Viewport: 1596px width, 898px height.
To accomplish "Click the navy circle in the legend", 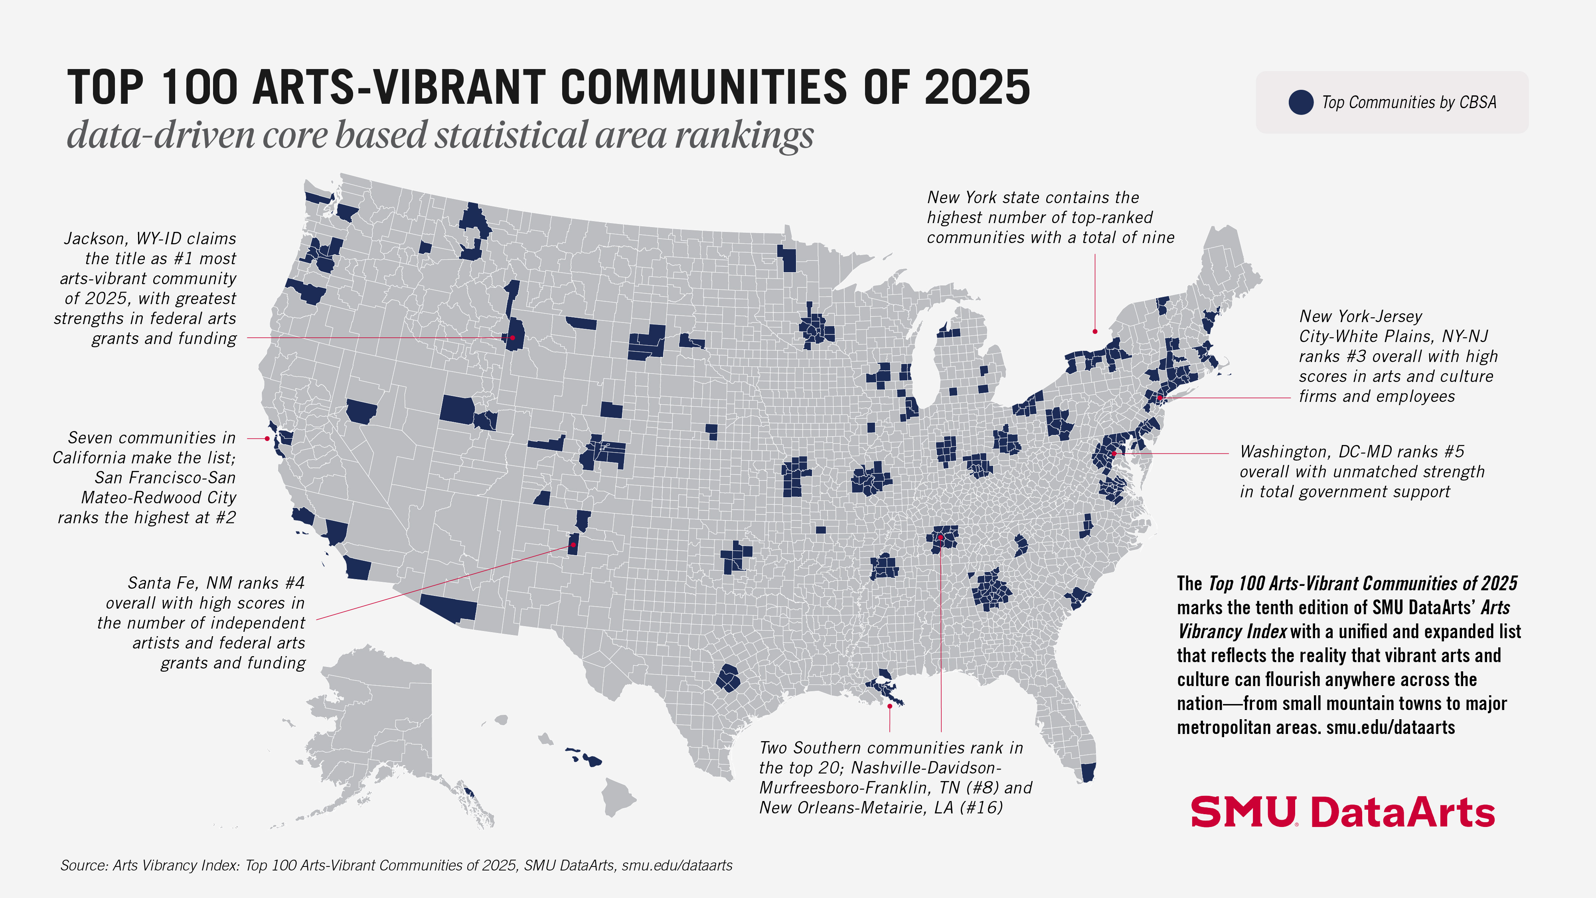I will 1300,102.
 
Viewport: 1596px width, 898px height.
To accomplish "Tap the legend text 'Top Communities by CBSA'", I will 1409,102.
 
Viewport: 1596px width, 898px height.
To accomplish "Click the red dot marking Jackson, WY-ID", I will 512,338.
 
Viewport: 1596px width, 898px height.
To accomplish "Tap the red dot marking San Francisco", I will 267,438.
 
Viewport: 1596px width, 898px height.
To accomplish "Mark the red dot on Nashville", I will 940,537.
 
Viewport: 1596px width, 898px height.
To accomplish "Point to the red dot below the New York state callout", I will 1095,332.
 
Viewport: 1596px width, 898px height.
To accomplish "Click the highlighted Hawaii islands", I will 584,758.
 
